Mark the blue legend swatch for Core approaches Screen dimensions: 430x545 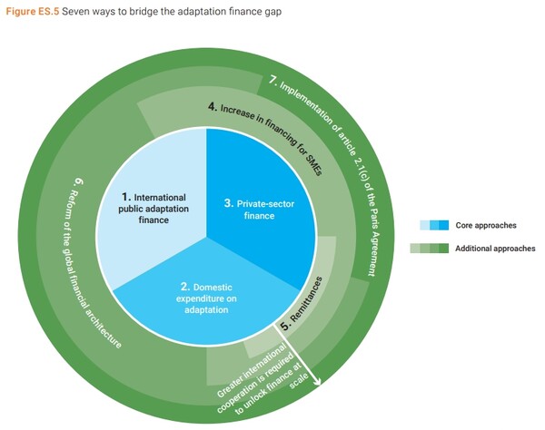click(x=435, y=224)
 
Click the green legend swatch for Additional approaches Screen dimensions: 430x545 click(x=435, y=248)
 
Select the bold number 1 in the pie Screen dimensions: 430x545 click(x=126, y=195)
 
